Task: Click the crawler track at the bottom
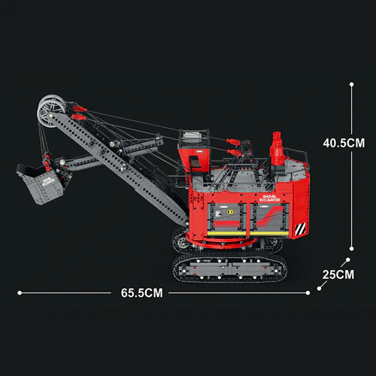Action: coord(229,268)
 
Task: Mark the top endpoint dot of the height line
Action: coord(353,84)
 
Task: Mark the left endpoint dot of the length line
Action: coord(19,293)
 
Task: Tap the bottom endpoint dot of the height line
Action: coord(353,247)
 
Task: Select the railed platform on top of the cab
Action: coord(193,136)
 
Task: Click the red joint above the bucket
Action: coord(47,160)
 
